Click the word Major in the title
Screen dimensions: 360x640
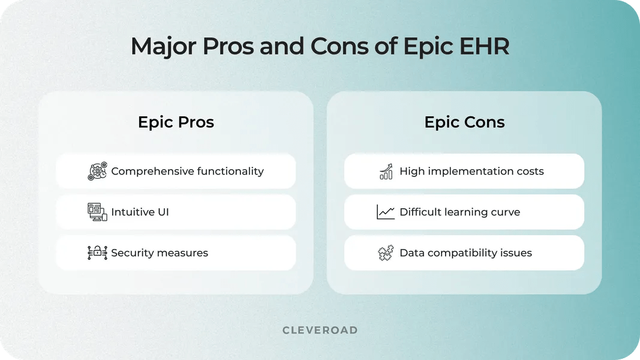(159, 47)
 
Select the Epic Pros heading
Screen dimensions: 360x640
(176, 122)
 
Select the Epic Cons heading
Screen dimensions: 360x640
(464, 122)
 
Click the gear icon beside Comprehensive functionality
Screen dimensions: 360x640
(97, 171)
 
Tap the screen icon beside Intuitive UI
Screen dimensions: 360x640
(97, 212)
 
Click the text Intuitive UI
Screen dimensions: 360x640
(140, 212)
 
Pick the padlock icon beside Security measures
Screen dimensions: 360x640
(97, 253)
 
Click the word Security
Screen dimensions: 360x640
(132, 253)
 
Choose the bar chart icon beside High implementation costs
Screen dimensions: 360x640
(386, 171)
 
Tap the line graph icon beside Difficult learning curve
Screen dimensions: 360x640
(386, 212)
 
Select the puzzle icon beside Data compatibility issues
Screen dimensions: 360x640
(386, 253)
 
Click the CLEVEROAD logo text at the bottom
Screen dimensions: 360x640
(320, 330)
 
